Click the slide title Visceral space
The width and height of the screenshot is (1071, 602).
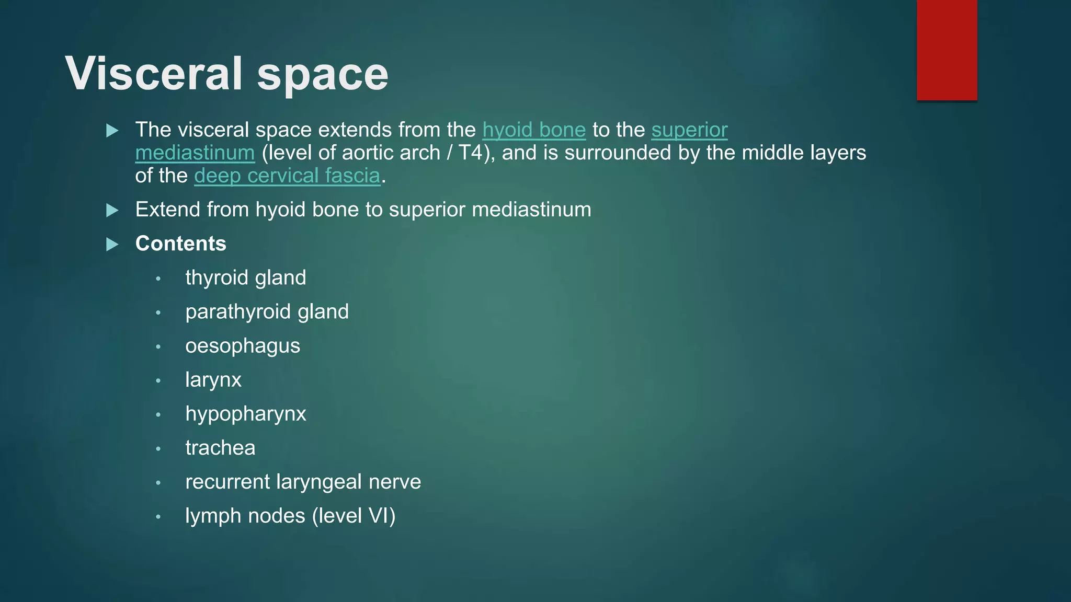pos(226,74)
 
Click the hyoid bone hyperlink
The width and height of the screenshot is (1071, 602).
pos(533,130)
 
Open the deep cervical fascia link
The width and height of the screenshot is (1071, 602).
pos(287,176)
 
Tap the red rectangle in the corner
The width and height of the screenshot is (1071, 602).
pos(947,50)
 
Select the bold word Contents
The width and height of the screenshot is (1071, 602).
pos(180,244)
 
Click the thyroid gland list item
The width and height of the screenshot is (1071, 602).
pos(245,278)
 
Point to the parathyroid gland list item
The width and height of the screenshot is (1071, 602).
pos(267,312)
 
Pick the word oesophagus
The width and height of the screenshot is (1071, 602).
pos(243,346)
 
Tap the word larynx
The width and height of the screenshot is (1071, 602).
pos(213,380)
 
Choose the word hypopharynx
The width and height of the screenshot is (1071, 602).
pos(246,414)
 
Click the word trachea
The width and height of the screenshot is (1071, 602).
pos(220,448)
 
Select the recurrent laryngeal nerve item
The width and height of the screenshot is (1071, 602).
pos(303,482)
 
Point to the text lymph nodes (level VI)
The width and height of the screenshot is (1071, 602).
pos(290,516)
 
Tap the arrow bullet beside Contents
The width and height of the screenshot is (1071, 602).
pos(112,244)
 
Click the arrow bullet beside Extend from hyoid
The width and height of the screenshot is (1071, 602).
pos(112,210)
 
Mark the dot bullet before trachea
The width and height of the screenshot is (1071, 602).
pos(158,449)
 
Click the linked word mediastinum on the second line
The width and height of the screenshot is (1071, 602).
pos(195,153)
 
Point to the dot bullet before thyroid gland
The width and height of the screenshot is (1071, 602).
pos(158,279)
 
